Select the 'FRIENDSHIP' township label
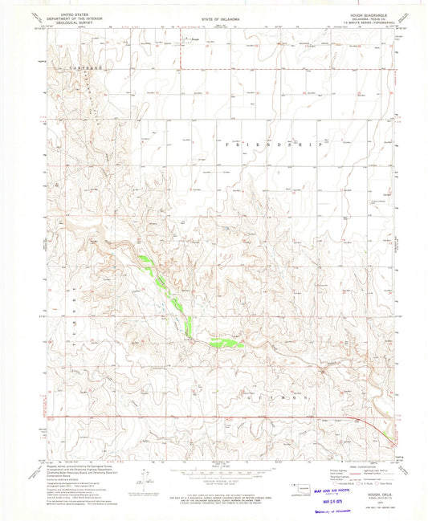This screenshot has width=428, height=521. tap(233, 147)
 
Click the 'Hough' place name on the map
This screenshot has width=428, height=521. tap(192, 37)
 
